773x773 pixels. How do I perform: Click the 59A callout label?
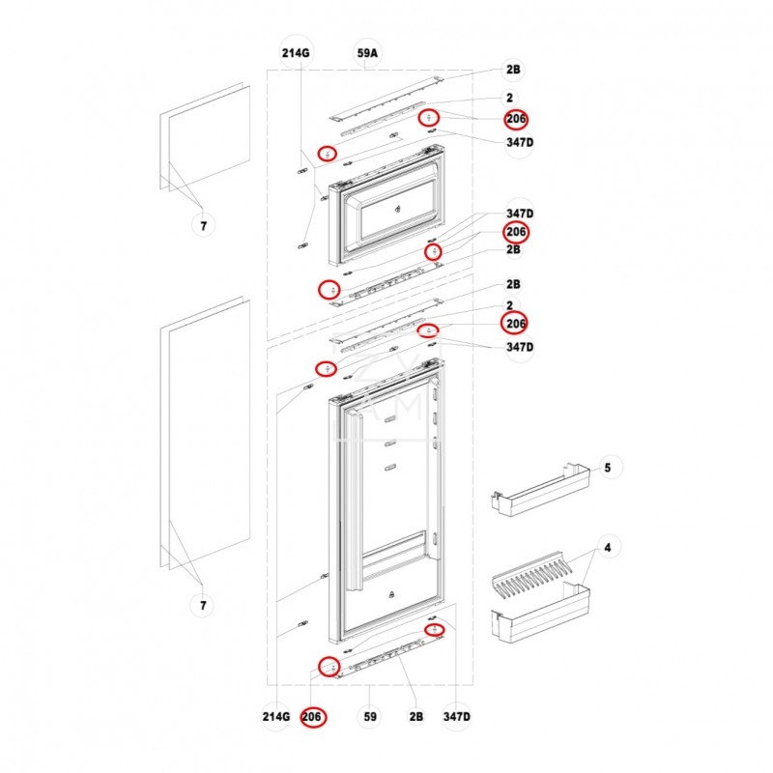click(x=367, y=55)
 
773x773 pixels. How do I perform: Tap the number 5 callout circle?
click(x=607, y=468)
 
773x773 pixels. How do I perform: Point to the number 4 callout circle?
click(x=607, y=549)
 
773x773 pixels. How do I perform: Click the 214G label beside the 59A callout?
click(x=297, y=55)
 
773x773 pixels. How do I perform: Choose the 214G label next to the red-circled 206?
click(x=276, y=717)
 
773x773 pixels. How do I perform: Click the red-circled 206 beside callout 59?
click(x=312, y=717)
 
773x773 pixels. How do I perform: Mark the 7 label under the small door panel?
click(x=202, y=225)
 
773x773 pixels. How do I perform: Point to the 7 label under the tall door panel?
click(x=202, y=606)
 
